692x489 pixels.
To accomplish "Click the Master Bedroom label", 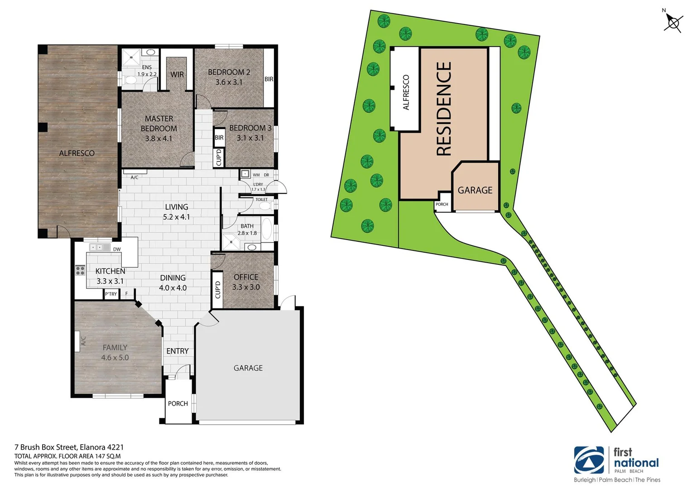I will coord(159,124).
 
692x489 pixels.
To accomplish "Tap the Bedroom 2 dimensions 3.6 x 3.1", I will coord(229,82).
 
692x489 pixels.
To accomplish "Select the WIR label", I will coord(177,75).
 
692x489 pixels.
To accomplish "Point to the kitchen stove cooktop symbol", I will coord(80,271).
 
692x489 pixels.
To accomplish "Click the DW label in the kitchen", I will coord(117,249).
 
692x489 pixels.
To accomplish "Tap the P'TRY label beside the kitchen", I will coord(111,294).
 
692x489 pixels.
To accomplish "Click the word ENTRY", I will coord(178,351).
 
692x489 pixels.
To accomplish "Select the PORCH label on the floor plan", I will coord(178,404).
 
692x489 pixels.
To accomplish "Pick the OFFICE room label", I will coord(246,277).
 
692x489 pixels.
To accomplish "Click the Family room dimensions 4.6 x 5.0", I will coord(115,358).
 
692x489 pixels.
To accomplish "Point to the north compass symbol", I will coord(673,23).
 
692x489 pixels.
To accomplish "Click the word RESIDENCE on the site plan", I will coord(444,109).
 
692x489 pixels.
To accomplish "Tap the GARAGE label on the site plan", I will coord(475,191).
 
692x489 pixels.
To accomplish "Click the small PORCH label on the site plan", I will coord(442,205).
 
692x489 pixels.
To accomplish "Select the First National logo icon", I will coord(589,460).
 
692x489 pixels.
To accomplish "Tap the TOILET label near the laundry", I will coord(261,200).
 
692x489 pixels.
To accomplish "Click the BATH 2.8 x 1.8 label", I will coord(247,230).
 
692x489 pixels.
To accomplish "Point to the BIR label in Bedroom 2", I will coord(269,79).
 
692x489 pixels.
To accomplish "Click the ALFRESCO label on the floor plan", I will coord(77,153).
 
